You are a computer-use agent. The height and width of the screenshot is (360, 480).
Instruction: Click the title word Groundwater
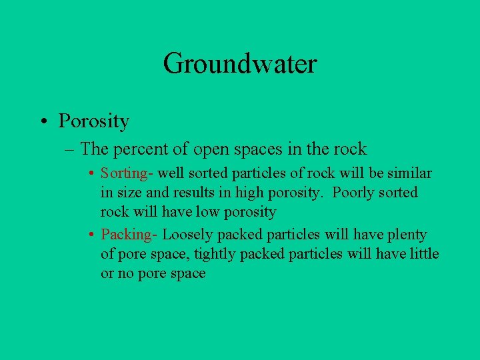click(x=240, y=64)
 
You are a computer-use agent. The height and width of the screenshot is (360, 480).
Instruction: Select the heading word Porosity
click(x=94, y=121)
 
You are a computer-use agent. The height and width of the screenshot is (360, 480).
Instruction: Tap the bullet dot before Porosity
click(x=43, y=121)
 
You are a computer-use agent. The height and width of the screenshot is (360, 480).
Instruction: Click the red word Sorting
click(x=123, y=173)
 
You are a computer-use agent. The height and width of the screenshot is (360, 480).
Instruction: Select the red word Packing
click(x=125, y=235)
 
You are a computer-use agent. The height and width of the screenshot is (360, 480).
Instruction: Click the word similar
click(x=409, y=173)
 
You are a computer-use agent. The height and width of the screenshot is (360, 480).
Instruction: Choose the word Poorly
click(x=354, y=193)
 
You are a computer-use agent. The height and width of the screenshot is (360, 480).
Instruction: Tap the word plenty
click(x=405, y=235)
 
